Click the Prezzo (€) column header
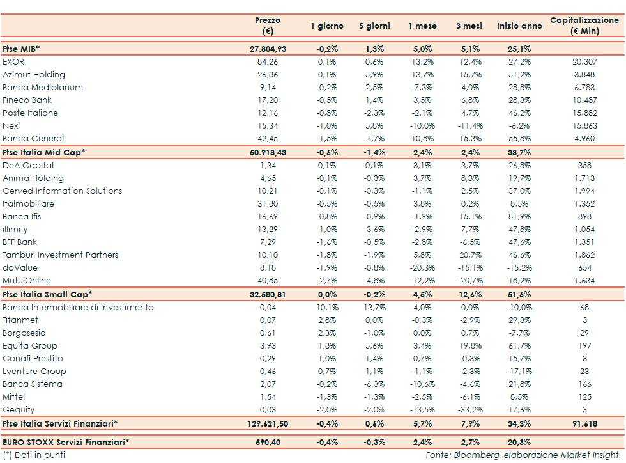[267, 26]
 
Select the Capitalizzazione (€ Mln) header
[584, 26]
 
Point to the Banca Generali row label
[34, 139]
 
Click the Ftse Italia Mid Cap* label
[43, 152]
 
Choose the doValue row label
[19, 268]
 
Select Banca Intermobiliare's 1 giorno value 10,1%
[326, 308]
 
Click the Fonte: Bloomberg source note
[523, 455]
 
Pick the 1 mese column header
[422, 26]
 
